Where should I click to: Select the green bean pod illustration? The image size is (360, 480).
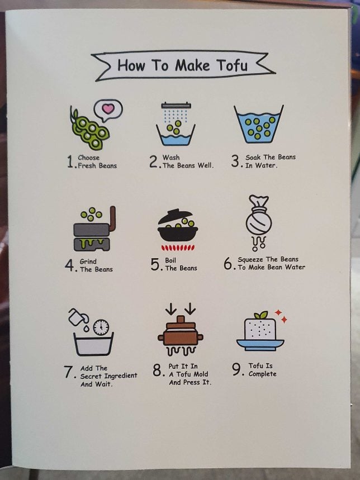click(x=89, y=130)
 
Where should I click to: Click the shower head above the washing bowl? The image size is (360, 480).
click(x=176, y=106)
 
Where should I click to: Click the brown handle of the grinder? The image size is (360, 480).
click(x=112, y=220)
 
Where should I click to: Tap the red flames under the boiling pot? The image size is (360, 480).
click(x=177, y=247)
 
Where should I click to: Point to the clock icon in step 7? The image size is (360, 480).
click(x=101, y=327)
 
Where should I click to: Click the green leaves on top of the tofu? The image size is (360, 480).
click(x=260, y=315)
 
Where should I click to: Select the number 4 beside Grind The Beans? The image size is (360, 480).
click(x=69, y=265)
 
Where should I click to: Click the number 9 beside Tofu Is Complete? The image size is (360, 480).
click(x=236, y=369)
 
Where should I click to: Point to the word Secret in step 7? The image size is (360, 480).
click(x=92, y=376)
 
